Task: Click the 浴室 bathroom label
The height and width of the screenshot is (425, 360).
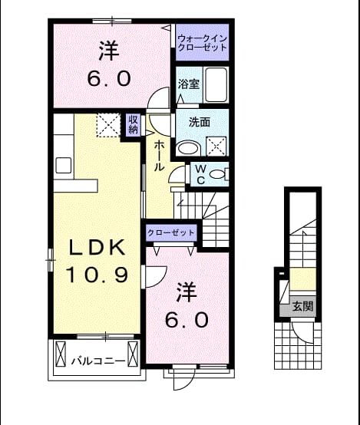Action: tap(189, 84)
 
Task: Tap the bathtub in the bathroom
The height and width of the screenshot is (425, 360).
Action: tap(216, 85)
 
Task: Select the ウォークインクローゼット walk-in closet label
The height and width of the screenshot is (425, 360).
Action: tap(202, 43)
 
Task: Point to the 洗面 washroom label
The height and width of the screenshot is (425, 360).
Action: tap(200, 122)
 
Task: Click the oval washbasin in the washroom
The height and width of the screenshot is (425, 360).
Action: tap(188, 148)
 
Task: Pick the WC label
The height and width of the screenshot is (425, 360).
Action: tap(200, 175)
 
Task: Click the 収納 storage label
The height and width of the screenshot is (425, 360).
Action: tap(134, 124)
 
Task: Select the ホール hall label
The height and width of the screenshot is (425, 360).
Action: tap(159, 156)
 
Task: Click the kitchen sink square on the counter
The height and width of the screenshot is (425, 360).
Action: tap(64, 166)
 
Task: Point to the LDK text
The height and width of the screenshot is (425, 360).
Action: tap(97, 247)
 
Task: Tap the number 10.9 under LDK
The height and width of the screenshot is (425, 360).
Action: tap(97, 275)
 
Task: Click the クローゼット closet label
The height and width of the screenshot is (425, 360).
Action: tap(171, 232)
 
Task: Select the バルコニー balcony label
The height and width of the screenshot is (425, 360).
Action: tap(98, 361)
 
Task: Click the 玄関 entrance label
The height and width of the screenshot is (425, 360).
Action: tap(302, 307)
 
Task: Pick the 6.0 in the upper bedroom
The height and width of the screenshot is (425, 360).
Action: tap(109, 78)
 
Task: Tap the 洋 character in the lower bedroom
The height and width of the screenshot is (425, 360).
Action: tap(187, 292)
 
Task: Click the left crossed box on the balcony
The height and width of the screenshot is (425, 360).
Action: tap(61, 354)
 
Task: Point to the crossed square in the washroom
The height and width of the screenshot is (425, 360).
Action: tap(216, 147)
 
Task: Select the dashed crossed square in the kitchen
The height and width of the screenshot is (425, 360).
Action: tap(108, 125)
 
